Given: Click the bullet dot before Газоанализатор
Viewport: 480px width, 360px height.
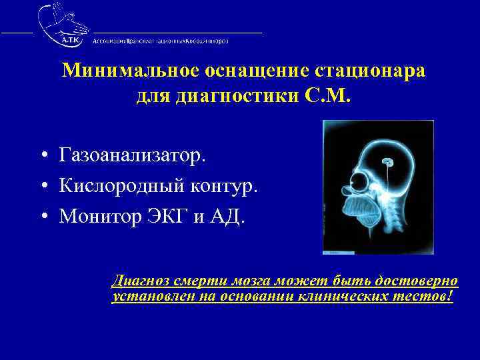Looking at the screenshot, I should [x=42, y=156].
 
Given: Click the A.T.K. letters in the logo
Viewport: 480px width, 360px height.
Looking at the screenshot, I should [x=69, y=39].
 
